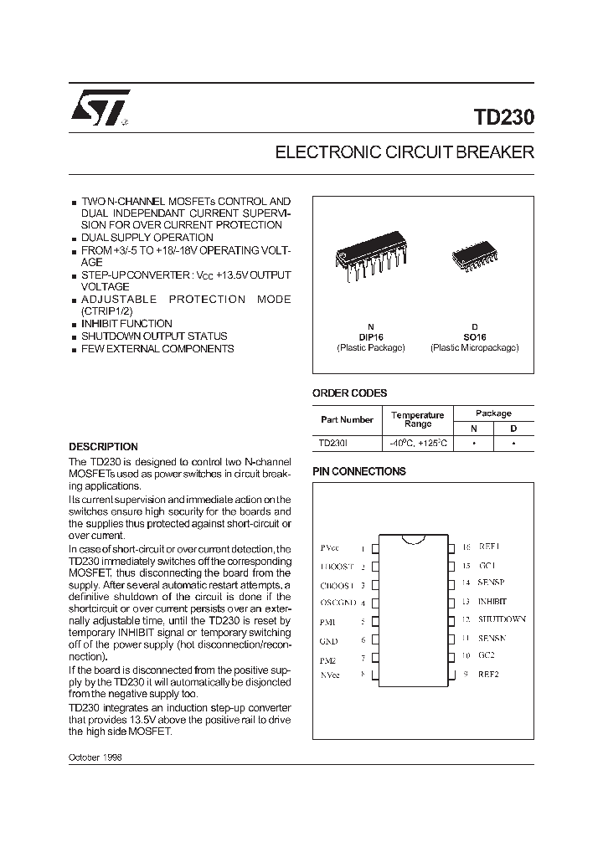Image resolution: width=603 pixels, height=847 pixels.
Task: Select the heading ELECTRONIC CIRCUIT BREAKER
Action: (405, 153)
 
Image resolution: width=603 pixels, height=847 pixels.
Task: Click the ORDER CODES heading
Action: (349, 393)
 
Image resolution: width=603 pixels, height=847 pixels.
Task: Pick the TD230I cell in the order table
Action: (333, 443)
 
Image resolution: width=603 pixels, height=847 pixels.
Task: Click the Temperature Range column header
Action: (418, 419)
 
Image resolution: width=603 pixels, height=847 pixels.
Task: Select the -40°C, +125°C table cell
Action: (418, 443)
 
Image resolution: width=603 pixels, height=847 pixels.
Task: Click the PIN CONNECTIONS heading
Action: (358, 471)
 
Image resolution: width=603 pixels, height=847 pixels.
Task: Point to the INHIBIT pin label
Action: (492, 601)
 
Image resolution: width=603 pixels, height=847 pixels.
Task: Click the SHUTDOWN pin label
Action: (502, 619)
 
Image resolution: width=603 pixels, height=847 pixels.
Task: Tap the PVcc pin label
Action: (329, 547)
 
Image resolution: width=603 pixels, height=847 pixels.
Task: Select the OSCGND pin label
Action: (338, 602)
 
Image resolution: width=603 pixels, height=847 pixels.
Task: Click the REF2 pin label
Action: (488, 675)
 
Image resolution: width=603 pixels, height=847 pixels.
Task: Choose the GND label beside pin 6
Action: (328, 641)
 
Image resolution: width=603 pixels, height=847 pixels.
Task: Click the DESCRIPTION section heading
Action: (103, 447)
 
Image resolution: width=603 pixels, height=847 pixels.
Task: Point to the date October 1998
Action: (95, 756)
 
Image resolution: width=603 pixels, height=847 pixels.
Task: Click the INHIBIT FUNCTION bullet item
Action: (126, 324)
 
